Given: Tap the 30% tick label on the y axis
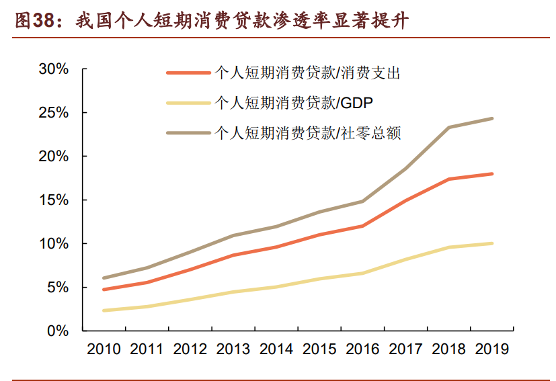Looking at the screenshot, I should click(x=54, y=69).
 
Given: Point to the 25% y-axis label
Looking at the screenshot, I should click(x=54, y=113).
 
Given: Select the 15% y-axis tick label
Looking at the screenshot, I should click(x=54, y=200).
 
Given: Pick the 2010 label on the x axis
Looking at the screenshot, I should click(x=104, y=349).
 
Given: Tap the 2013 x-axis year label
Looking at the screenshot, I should click(x=233, y=349).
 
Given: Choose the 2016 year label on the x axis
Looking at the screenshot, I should click(x=362, y=349).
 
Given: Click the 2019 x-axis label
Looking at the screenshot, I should click(x=492, y=349).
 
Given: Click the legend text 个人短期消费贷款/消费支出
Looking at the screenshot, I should click(x=307, y=73).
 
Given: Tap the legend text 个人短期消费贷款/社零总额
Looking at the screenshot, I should click(x=307, y=132).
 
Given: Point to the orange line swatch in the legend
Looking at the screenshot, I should click(x=188, y=73).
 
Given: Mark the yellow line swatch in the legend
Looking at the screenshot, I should click(x=188, y=103).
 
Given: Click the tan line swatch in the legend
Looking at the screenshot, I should click(x=188, y=132).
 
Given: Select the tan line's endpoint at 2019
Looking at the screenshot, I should click(x=492, y=118).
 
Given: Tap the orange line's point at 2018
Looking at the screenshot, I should click(x=449, y=179).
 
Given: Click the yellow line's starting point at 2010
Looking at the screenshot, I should click(x=104, y=310).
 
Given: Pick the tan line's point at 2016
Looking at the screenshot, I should click(x=362, y=201).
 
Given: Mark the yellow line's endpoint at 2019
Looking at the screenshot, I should click(x=492, y=243).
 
